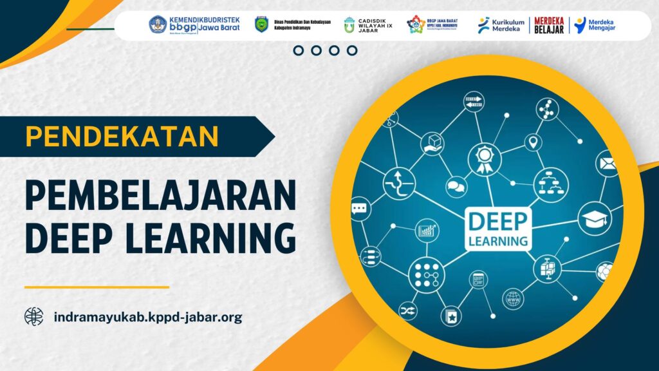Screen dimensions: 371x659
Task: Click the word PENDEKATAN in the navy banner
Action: click(122, 137)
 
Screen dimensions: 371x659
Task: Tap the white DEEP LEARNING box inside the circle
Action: click(498, 229)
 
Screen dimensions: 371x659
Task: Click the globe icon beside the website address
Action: click(34, 316)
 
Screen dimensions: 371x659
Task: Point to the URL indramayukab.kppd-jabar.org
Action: click(148, 317)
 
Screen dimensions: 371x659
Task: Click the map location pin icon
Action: click(533, 142)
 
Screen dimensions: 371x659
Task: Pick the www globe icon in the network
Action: click(513, 299)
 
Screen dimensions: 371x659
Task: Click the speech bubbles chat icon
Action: click(456, 187)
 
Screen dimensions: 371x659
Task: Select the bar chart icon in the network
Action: click(427, 230)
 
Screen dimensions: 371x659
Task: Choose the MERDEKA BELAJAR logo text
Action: click(549, 26)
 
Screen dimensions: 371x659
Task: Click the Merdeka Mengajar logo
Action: click(595, 26)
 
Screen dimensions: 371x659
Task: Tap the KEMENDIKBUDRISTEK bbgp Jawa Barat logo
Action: click(194, 26)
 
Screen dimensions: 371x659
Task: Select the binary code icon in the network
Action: click(474, 101)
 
